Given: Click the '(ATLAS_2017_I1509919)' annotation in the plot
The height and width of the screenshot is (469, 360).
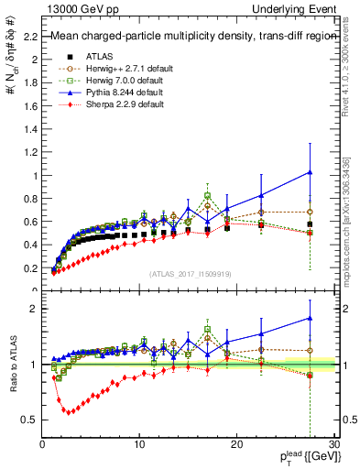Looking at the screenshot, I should point(189,272).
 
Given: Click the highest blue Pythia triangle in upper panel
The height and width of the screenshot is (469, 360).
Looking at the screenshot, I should point(311,171).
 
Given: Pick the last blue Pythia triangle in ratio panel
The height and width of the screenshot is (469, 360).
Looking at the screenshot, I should point(311,318).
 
